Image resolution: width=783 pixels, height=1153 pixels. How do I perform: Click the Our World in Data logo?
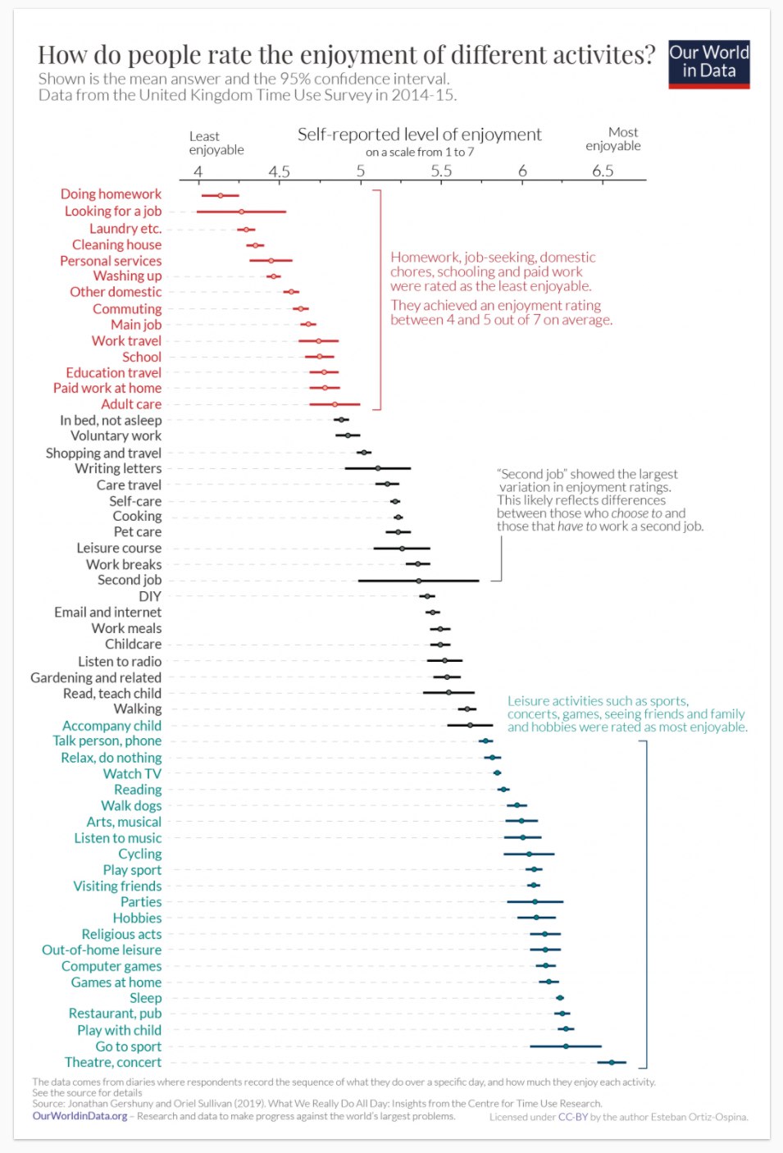coord(708,64)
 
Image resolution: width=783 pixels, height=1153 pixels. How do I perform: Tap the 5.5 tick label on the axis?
coord(441,171)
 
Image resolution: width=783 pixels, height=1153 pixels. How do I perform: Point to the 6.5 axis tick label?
coord(603,171)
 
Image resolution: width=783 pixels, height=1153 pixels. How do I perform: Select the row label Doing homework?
coord(111,194)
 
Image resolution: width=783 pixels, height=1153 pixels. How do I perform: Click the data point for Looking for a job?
coord(241,212)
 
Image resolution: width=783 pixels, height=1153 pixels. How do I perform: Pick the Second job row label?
coord(130,580)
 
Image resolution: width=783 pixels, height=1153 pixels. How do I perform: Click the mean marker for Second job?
coord(418,581)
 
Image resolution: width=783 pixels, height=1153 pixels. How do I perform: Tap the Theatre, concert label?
coord(113,1062)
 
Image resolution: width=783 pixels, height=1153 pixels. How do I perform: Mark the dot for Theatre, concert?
coord(612,1062)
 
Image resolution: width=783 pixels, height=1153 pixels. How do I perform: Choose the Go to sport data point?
coord(566,1046)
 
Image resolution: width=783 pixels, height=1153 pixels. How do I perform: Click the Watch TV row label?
coord(132,773)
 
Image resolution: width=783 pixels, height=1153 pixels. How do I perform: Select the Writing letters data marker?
coord(378,468)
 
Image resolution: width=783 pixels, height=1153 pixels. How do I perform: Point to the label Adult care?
coord(131,404)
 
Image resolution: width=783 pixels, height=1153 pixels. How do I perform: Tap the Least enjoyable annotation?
coord(216,143)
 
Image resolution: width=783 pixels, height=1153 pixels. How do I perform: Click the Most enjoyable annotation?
coord(613,139)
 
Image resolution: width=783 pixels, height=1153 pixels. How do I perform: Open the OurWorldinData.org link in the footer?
coord(80,1116)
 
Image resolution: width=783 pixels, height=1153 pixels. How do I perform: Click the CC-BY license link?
coord(572,1117)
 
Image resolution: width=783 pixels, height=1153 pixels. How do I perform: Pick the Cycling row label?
coord(139,854)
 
